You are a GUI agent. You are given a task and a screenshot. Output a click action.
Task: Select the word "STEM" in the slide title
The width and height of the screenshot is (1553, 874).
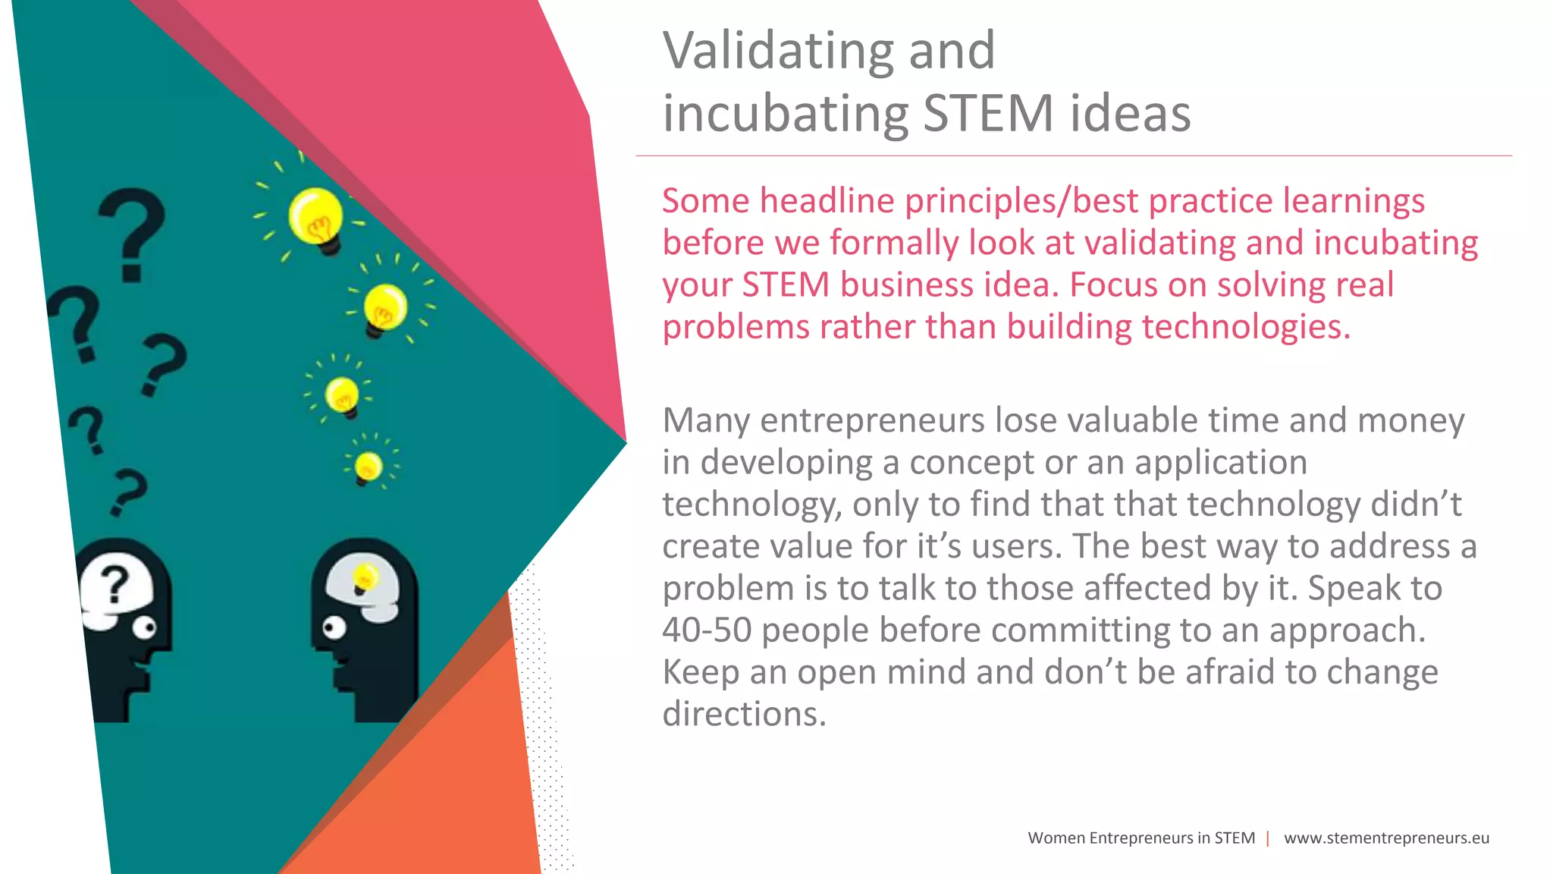[988, 114]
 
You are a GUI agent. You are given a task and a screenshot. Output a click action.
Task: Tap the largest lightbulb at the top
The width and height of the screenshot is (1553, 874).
[315, 217]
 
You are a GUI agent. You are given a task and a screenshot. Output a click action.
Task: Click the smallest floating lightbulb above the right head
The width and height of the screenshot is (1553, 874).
[369, 466]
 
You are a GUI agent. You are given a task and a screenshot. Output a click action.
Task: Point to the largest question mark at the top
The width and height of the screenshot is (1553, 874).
[133, 232]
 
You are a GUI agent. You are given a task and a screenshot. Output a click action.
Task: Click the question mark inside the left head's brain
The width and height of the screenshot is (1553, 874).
[115, 586]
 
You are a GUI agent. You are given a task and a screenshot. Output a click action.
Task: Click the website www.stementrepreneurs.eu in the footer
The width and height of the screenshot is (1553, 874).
[1386, 838]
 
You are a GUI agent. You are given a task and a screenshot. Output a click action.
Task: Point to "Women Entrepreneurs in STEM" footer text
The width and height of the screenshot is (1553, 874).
[1141, 838]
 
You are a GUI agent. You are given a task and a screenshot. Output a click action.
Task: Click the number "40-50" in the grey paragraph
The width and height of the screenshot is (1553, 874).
[707, 630]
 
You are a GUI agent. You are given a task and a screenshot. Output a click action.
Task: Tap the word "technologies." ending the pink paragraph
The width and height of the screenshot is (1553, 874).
[1246, 328]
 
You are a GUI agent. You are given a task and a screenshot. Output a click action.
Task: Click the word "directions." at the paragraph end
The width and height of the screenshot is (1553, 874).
[744, 715]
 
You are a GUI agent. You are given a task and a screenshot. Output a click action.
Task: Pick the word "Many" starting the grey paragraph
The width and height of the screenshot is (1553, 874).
[706, 421]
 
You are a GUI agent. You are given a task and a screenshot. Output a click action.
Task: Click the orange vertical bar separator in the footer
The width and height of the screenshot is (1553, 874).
[1268, 838]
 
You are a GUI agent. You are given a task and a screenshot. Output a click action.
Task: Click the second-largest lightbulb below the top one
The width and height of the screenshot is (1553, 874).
[385, 308]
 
